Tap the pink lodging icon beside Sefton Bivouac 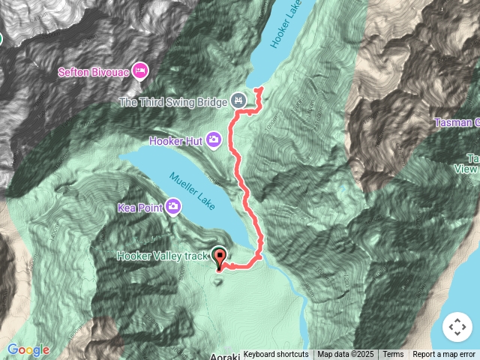139,71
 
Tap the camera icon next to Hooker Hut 214,139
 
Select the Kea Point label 139,206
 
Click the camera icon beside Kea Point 174,205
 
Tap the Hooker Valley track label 161,256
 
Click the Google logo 28,349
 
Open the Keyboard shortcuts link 275,355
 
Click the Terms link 393,355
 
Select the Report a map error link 444,355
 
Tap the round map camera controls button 457,327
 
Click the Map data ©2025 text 345,355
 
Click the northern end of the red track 259,89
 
